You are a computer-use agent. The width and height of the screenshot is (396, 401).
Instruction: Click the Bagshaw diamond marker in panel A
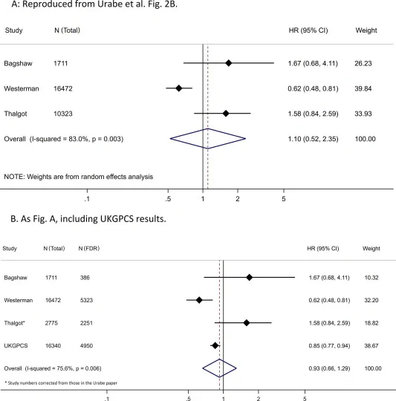[228, 63]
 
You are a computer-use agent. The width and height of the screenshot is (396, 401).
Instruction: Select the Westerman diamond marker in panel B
[199, 300]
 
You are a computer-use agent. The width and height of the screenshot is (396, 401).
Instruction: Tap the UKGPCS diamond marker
[215, 345]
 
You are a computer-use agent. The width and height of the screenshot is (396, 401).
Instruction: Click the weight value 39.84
[363, 88]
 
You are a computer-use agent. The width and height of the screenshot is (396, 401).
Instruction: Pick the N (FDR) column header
[88, 248]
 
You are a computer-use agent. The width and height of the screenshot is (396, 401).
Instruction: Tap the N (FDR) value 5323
[86, 300]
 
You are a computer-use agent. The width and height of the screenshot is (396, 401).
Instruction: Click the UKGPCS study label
[16, 345]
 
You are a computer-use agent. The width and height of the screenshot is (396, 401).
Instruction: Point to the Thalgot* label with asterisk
[14, 323]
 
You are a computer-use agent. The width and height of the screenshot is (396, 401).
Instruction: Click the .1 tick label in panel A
[87, 199]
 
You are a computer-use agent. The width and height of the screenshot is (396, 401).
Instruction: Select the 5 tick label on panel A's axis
[284, 199]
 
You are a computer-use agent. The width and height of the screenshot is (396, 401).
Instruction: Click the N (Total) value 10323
[63, 114]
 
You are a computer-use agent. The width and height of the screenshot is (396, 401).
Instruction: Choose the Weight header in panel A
[366, 30]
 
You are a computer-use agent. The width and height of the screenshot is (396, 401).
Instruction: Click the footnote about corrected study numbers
[61, 383]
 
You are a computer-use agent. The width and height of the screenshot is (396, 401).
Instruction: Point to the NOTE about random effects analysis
[78, 177]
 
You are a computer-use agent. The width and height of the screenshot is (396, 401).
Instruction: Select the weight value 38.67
[371, 345]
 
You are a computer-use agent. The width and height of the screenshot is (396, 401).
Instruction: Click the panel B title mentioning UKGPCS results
[88, 219]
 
